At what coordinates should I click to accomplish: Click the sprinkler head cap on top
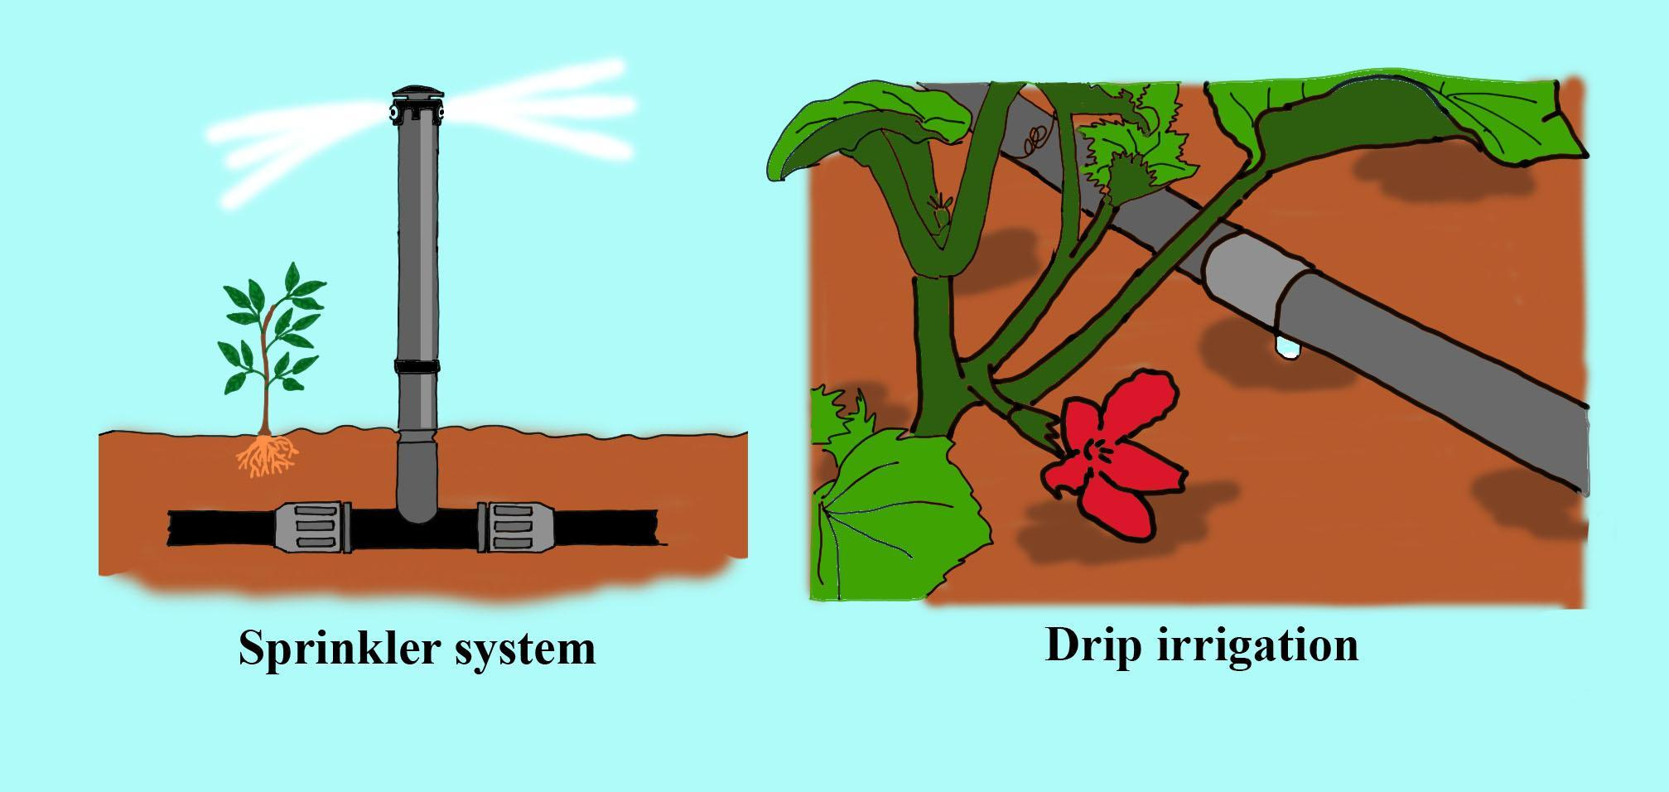click(x=417, y=93)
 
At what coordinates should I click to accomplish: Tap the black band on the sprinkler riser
click(x=417, y=366)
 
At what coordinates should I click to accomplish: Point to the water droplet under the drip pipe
click(x=1288, y=348)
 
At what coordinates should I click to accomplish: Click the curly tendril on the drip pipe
click(x=1031, y=145)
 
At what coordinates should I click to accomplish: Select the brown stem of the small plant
click(x=266, y=398)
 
